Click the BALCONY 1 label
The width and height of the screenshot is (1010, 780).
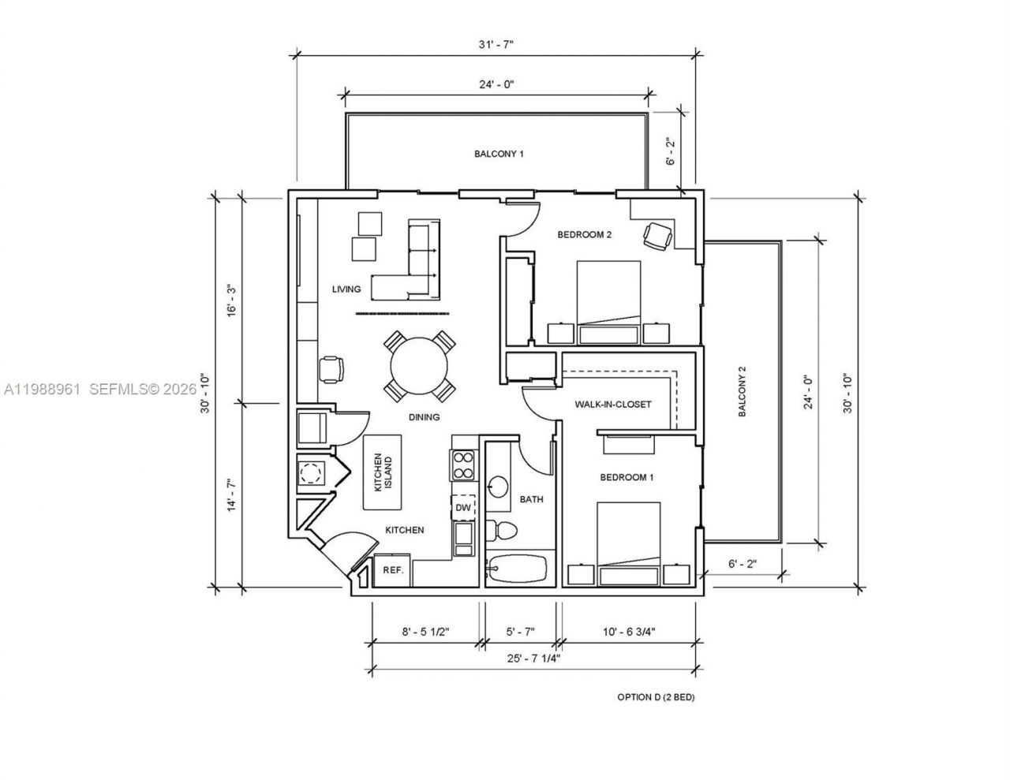[498, 154]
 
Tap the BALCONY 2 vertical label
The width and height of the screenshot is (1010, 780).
[742, 391]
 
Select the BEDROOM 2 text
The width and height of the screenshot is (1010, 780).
[585, 234]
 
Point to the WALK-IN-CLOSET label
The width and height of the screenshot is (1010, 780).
[613, 405]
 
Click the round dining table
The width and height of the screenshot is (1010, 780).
[420, 367]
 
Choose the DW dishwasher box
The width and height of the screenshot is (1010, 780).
[463, 508]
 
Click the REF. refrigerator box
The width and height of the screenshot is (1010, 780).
[393, 570]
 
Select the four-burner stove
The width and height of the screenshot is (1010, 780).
[462, 465]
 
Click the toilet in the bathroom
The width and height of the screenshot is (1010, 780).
[500, 530]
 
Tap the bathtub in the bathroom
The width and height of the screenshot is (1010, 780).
[517, 569]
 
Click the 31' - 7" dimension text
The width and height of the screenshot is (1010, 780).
[496, 44]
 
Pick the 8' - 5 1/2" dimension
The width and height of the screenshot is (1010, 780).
[425, 631]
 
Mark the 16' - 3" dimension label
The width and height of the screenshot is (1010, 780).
[232, 300]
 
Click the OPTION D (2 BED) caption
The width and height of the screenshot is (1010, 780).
[655, 697]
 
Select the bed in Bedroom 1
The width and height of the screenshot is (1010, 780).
[628, 544]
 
